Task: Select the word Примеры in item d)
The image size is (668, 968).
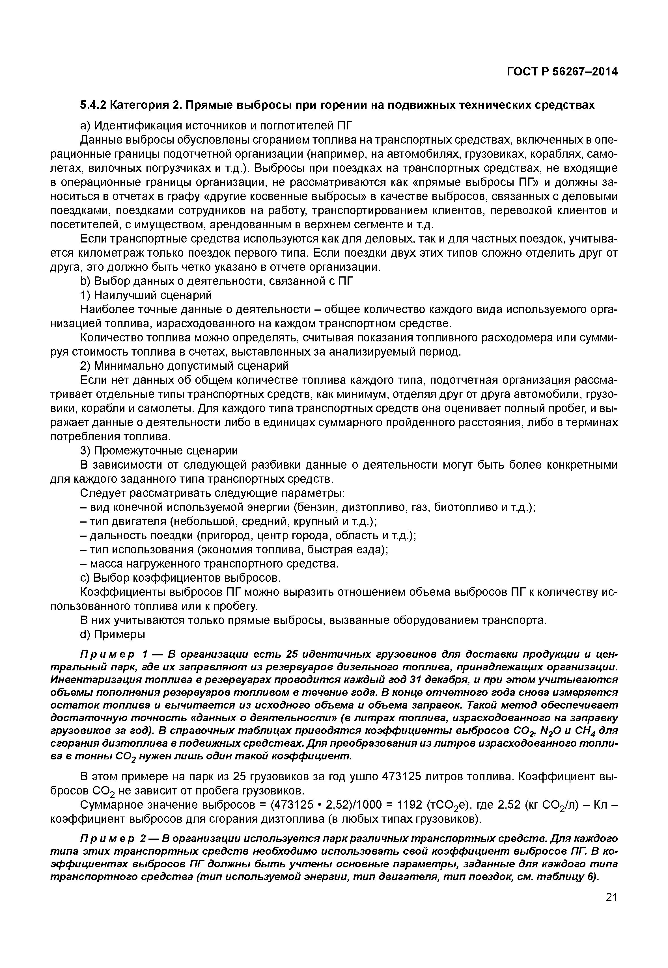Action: pyautogui.click(x=119, y=634)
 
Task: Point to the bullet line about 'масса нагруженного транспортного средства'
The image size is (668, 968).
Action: pyautogui.click(x=209, y=564)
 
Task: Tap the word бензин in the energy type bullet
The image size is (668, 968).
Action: pyautogui.click(x=315, y=507)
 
